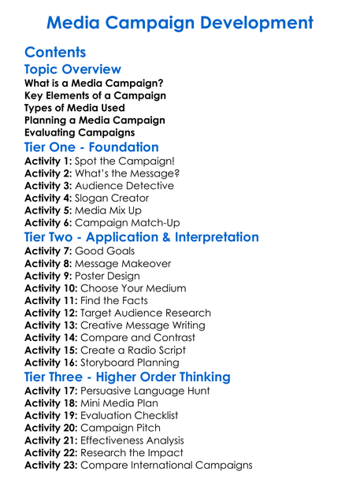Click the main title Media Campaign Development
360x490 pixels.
pyautogui.click(x=180, y=23)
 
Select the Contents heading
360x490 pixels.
pyautogui.click(x=55, y=54)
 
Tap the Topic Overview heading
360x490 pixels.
pyautogui.click(x=72, y=70)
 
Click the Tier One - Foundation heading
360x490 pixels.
pyautogui.click(x=91, y=147)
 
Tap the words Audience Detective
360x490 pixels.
pyautogui.click(x=124, y=186)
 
